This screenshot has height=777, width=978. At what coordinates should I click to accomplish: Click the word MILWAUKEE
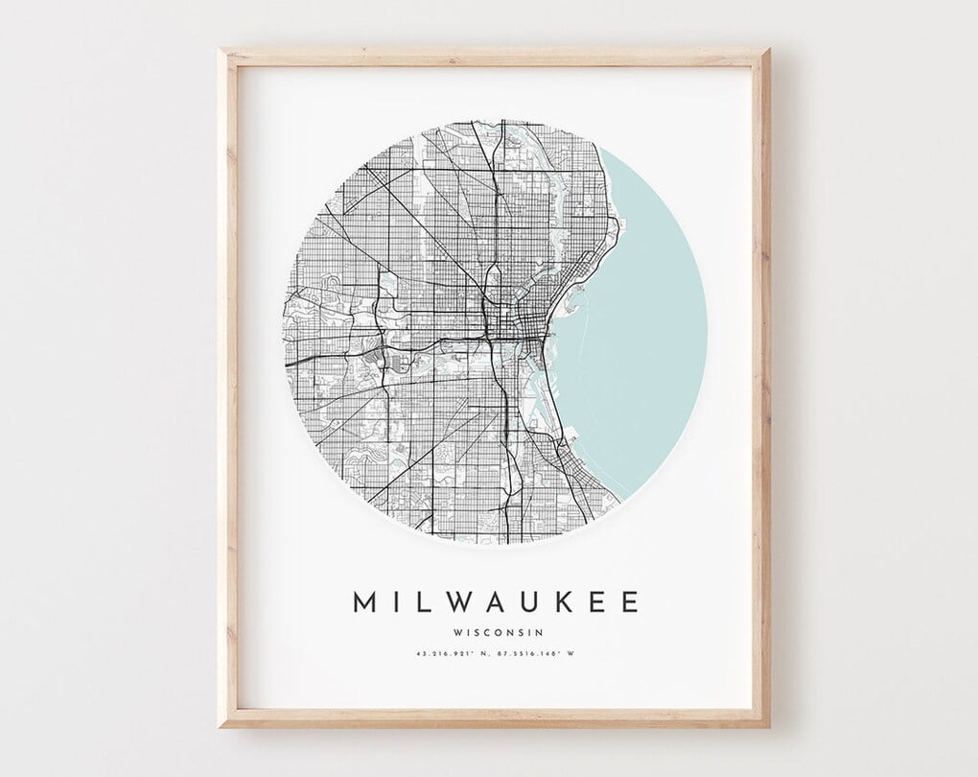point(495,602)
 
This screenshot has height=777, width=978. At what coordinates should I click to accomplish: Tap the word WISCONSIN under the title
point(495,631)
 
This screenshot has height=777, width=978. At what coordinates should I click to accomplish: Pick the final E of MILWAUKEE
point(627,602)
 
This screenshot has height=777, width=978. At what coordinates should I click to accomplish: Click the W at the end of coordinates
point(581,656)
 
